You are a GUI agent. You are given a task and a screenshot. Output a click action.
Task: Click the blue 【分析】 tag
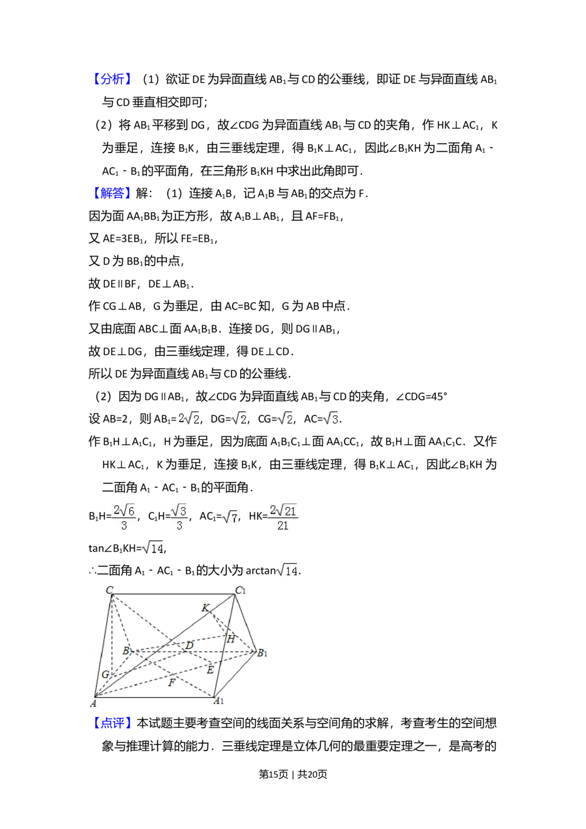[x=112, y=80]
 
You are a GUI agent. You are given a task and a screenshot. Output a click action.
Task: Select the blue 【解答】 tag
[x=112, y=193]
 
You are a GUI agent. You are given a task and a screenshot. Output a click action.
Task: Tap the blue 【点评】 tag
[x=112, y=722]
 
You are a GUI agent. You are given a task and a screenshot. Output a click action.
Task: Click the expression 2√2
[x=188, y=418]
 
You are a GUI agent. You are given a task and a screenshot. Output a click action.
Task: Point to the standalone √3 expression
[x=331, y=418]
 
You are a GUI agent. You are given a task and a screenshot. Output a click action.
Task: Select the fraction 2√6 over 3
[x=124, y=518]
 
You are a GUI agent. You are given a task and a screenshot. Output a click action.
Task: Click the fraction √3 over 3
[x=180, y=518]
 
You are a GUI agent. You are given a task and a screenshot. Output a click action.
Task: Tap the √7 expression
[x=230, y=517]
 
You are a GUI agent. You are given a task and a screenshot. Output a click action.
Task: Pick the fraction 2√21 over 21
[x=283, y=518]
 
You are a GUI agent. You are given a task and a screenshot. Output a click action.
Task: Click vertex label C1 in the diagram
[x=240, y=590]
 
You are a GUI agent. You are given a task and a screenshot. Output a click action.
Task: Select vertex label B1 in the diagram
[x=262, y=653]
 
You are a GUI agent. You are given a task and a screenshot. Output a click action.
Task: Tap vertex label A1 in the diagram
[x=219, y=701]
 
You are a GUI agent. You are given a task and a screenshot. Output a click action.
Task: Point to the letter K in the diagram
[x=205, y=608]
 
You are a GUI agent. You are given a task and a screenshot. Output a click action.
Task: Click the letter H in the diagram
[x=231, y=639]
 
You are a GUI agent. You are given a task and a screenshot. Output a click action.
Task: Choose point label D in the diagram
[x=189, y=646]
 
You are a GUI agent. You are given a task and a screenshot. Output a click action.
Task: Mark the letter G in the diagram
[x=105, y=675]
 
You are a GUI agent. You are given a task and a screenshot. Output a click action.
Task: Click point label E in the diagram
[x=210, y=670]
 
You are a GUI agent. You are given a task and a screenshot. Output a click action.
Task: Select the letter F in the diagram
[x=172, y=682]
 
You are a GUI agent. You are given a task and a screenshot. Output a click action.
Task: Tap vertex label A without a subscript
[x=93, y=703]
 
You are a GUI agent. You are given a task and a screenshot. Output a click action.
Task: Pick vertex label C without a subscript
[x=109, y=590]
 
